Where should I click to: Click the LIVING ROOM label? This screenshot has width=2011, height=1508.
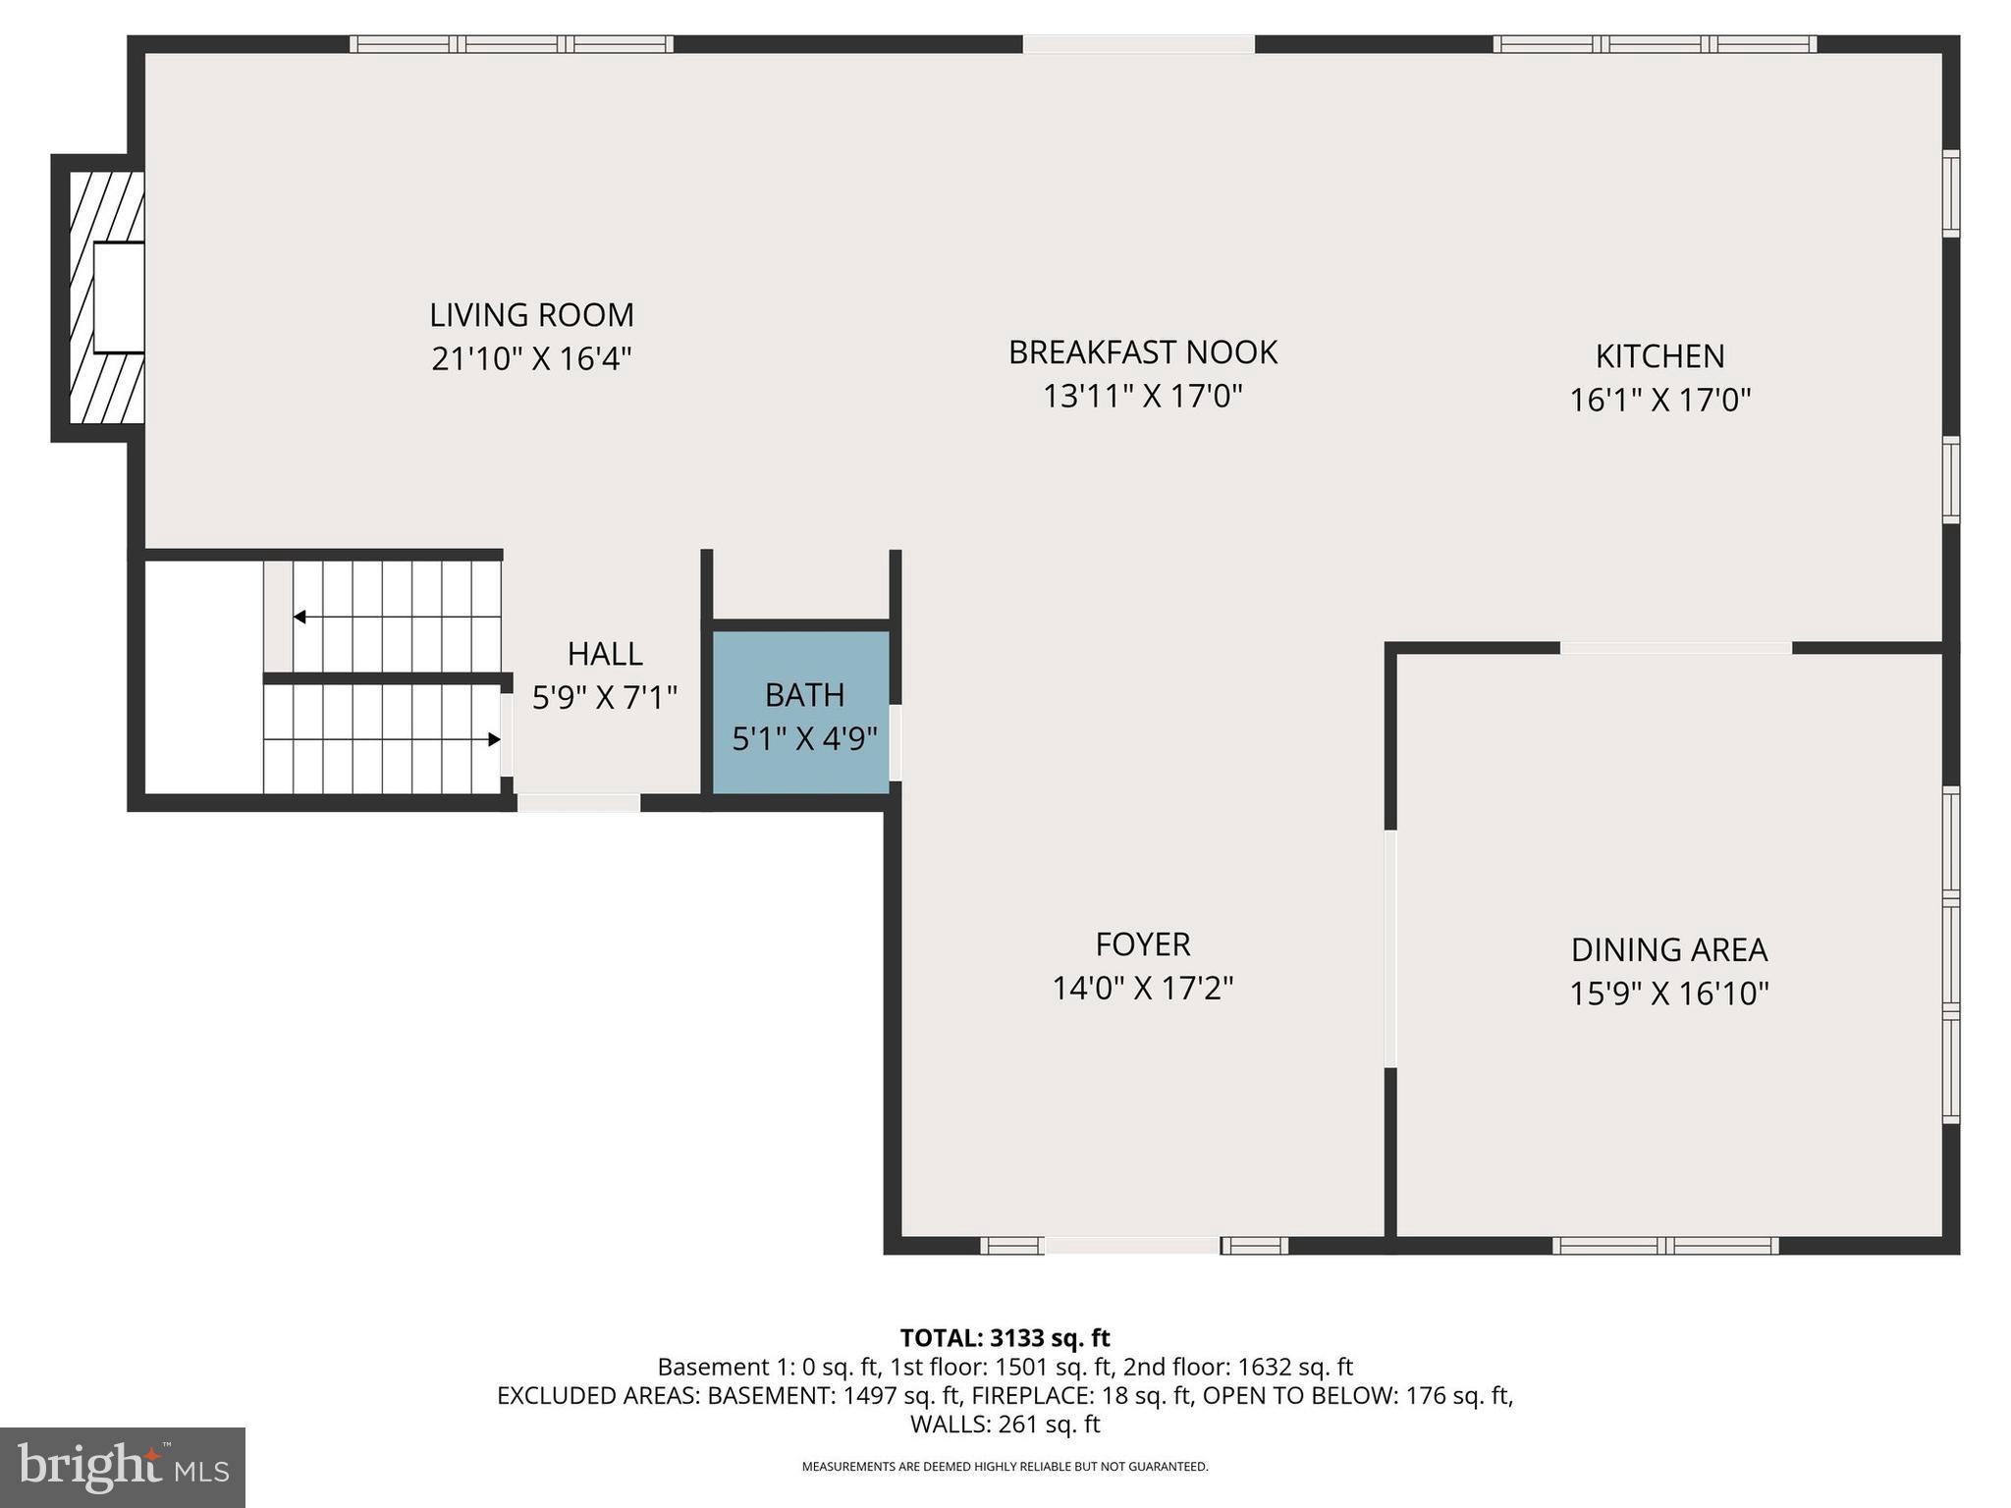click(531, 315)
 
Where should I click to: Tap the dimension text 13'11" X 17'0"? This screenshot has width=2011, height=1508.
click(1142, 397)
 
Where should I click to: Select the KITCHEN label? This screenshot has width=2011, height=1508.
click(1659, 356)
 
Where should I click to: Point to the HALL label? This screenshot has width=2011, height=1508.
click(605, 654)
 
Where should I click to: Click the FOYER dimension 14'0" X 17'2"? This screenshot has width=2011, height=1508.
click(1142, 988)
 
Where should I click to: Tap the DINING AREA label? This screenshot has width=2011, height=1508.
click(1668, 950)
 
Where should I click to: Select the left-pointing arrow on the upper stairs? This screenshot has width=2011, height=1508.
click(300, 617)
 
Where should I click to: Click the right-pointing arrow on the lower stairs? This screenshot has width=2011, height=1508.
click(494, 739)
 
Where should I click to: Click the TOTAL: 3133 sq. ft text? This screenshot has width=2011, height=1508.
click(1005, 1338)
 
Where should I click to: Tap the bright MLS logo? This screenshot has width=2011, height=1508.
click(123, 1467)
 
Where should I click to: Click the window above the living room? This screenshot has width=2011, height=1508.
click(512, 44)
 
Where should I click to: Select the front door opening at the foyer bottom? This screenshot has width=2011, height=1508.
click(1132, 1246)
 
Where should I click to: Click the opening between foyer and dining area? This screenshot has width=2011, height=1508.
click(1390, 948)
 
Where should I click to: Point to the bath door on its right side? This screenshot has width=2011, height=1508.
click(896, 742)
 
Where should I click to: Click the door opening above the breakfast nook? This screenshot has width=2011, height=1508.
click(1138, 44)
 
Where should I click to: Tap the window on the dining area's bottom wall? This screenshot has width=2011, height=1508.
click(1665, 1246)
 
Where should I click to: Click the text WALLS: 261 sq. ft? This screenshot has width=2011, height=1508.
click(1005, 1424)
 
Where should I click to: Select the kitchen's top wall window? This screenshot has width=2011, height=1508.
click(1655, 44)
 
